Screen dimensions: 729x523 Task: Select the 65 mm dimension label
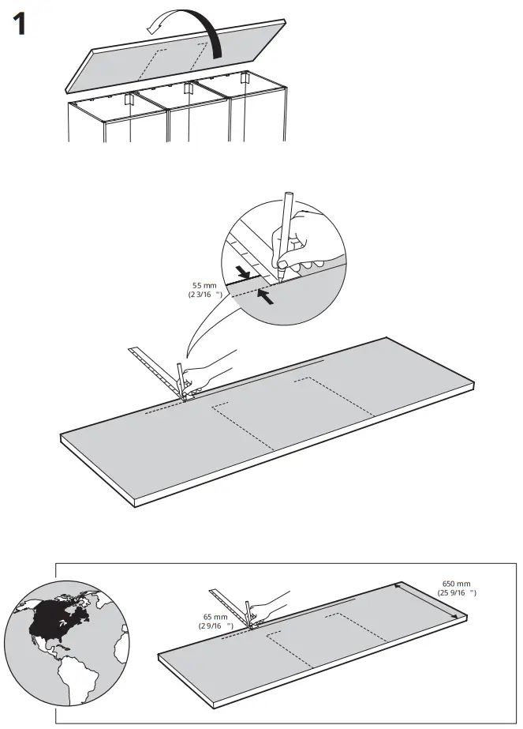click(x=215, y=620)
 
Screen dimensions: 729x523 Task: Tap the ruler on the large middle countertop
click(x=154, y=366)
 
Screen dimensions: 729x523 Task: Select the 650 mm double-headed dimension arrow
click(x=426, y=601)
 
